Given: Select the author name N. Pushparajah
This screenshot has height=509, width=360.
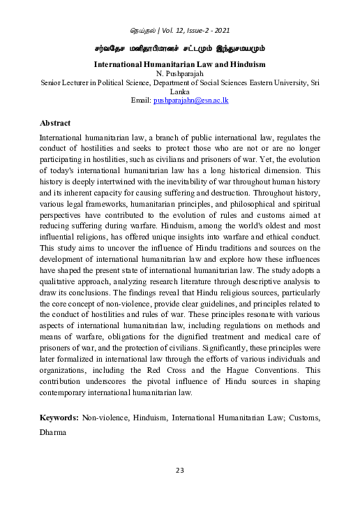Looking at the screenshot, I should pos(180,73).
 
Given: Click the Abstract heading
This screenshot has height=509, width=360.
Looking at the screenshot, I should pos(55,123).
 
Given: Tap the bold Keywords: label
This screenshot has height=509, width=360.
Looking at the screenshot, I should pos(59,417).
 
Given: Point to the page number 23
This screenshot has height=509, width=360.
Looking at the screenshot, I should pos(179,470).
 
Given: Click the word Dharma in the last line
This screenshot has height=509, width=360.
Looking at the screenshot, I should pos(53,432).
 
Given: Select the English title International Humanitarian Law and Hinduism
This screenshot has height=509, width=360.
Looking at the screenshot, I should pos(180,64).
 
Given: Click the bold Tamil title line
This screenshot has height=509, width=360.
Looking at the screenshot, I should pos(180,49).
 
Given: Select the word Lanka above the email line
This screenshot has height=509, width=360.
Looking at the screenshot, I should pos(180,91).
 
